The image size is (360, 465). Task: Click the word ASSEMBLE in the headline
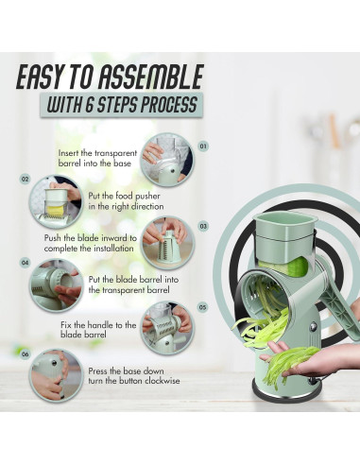point(150,77)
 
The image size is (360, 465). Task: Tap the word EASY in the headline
point(38,77)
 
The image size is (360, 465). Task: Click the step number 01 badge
point(203,146)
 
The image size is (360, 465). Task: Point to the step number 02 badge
point(25,180)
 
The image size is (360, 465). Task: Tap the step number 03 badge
point(203,226)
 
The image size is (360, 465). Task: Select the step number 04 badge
point(25,263)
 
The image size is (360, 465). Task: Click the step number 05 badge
point(203,306)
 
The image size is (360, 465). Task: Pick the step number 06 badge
point(25,354)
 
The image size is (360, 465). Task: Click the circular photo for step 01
point(167,160)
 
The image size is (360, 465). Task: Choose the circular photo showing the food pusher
point(57,202)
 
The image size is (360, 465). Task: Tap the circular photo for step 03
point(167,243)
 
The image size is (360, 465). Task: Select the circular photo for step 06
point(56,376)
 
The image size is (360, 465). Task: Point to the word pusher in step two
point(147,197)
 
